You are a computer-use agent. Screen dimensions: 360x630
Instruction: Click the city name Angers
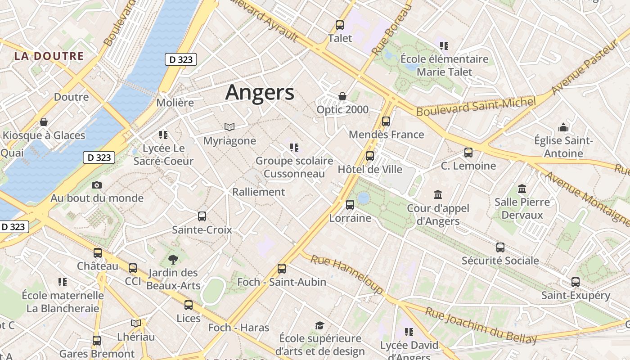(x=260, y=92)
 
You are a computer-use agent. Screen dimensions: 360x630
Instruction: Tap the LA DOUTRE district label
(x=49, y=56)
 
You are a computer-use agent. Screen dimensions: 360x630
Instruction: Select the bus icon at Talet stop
(x=340, y=25)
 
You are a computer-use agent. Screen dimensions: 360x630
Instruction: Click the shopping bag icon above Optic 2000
(x=342, y=96)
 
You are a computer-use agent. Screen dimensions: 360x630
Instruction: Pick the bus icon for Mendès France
(x=386, y=121)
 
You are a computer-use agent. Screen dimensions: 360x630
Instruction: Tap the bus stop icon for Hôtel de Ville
(x=370, y=156)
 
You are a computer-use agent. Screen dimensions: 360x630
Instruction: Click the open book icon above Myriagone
(x=229, y=127)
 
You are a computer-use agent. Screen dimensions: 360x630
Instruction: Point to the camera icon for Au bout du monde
(x=96, y=185)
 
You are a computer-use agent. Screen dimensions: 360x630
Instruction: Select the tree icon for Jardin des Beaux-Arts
(x=173, y=259)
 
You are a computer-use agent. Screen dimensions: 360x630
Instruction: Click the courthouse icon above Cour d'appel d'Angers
(x=438, y=195)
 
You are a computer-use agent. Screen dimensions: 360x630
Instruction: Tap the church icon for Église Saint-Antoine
(x=563, y=128)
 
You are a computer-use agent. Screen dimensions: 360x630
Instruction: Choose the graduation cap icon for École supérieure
(x=319, y=325)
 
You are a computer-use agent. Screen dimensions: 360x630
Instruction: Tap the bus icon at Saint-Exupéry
(x=576, y=282)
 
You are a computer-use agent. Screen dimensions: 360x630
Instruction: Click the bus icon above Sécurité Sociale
(x=500, y=247)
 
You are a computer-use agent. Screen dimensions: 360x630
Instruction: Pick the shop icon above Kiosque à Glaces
(x=44, y=122)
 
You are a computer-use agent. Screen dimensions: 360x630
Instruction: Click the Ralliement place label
(x=258, y=192)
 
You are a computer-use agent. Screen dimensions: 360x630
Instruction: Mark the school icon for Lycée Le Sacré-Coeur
(x=163, y=135)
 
